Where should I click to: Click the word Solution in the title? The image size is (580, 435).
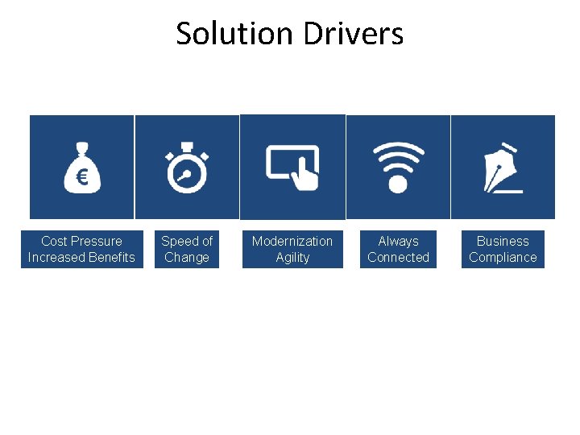(x=234, y=34)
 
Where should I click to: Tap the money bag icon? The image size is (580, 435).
(x=82, y=167)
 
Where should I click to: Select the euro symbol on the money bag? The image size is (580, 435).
(x=82, y=177)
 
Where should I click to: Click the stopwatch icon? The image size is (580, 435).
(x=188, y=168)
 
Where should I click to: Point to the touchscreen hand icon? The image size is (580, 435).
(x=293, y=167)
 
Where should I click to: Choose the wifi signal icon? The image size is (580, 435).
(x=398, y=167)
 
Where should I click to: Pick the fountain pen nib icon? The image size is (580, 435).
(x=503, y=168)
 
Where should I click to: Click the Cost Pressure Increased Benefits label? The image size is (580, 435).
(x=81, y=249)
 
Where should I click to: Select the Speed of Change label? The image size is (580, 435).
(x=187, y=249)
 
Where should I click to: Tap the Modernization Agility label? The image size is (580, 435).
(x=292, y=249)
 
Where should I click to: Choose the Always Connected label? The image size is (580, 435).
(x=398, y=249)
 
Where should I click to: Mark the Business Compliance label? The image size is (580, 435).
(x=503, y=249)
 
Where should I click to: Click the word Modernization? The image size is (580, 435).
(x=292, y=241)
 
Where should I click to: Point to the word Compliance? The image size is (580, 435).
(x=503, y=258)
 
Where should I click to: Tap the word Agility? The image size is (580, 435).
(x=292, y=258)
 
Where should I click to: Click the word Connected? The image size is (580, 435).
(x=398, y=258)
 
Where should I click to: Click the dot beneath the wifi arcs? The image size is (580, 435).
(x=398, y=184)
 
